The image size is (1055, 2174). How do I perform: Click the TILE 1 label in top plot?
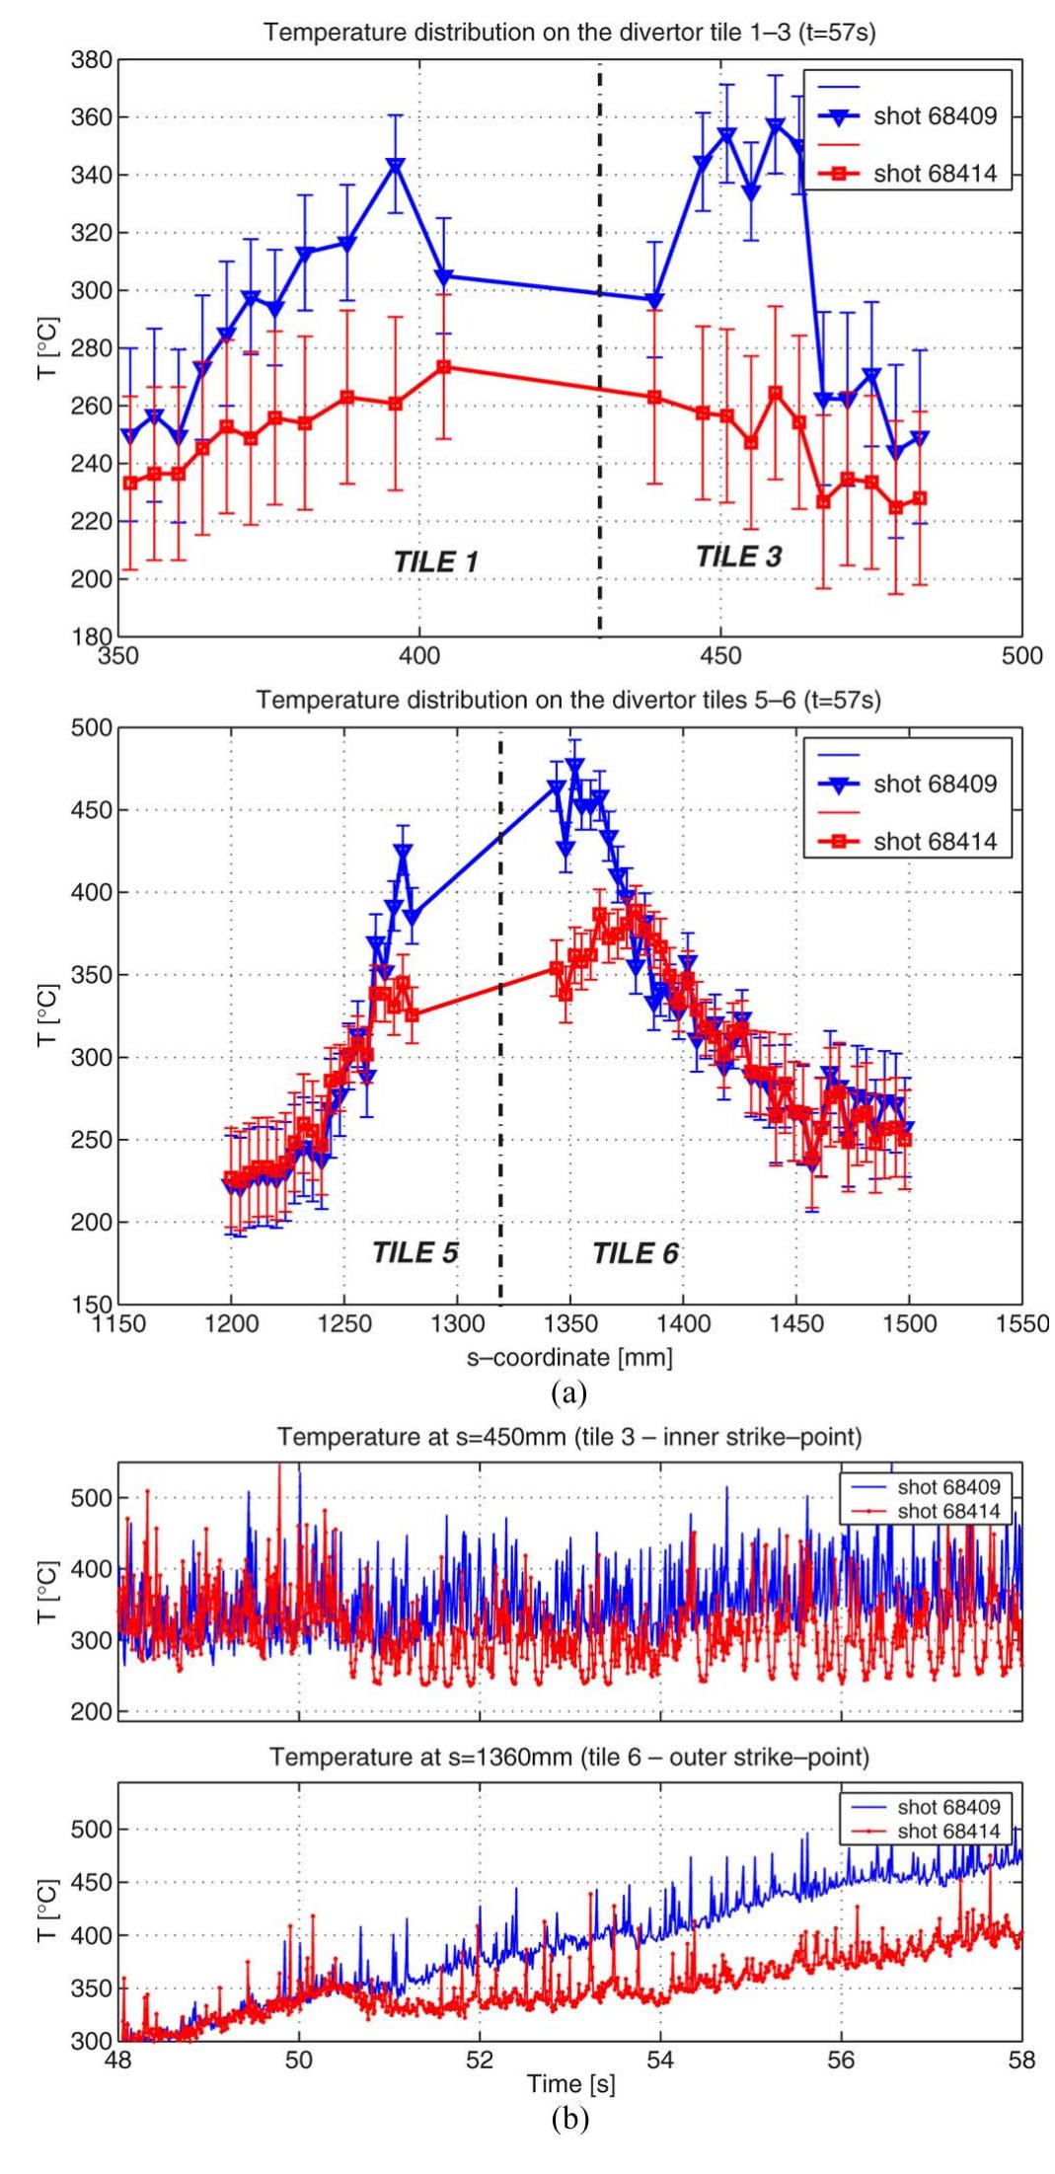click(x=435, y=562)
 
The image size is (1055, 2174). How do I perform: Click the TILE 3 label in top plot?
click(x=738, y=556)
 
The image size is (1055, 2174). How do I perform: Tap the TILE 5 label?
click(x=414, y=1252)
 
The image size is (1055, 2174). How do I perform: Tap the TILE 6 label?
click(x=636, y=1253)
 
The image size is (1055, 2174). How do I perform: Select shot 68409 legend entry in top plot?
click(x=934, y=116)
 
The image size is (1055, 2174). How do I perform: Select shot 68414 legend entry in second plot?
click(x=934, y=842)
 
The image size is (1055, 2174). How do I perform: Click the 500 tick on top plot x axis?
click(x=1020, y=656)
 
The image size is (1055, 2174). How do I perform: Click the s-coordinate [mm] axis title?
click(x=569, y=1357)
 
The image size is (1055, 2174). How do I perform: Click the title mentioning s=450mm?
click(x=569, y=1437)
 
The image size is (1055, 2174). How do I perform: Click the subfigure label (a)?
click(x=569, y=1392)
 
